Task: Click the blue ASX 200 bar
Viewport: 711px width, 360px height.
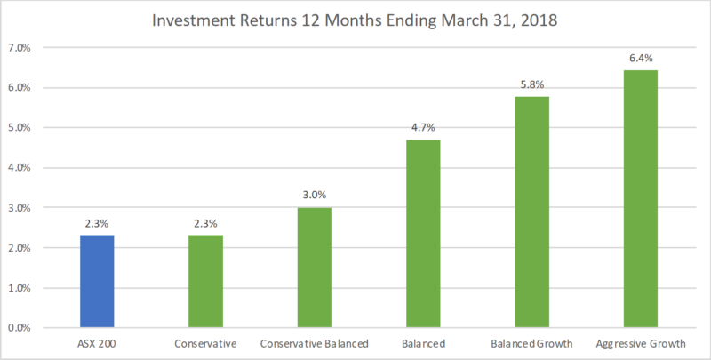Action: tap(98, 281)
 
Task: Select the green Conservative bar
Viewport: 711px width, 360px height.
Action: tap(206, 281)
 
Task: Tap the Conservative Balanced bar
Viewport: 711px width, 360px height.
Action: tap(315, 268)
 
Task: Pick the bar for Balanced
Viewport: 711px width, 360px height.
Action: tap(423, 234)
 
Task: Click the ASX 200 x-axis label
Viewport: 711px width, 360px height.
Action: tap(98, 342)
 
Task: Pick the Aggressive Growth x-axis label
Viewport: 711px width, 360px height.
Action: tap(640, 342)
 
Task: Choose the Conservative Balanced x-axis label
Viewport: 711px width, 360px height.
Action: tap(315, 342)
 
